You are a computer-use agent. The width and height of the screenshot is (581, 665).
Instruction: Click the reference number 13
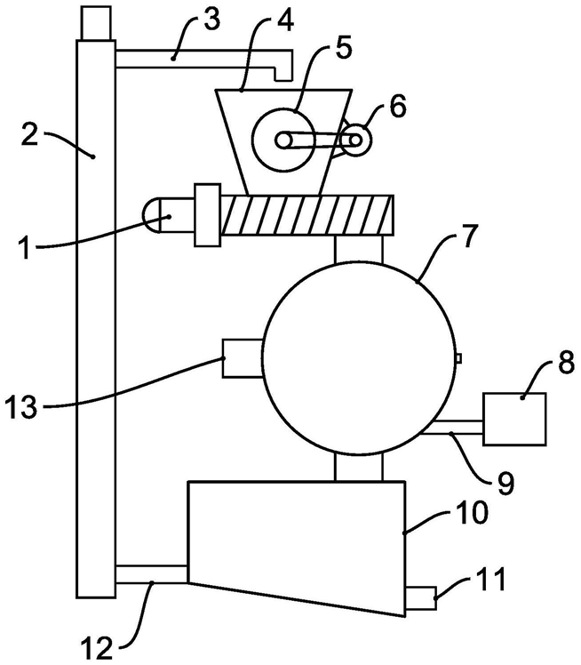(21, 406)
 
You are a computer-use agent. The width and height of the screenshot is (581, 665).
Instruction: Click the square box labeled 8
(514, 419)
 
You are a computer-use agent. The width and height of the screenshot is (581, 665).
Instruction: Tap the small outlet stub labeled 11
(421, 597)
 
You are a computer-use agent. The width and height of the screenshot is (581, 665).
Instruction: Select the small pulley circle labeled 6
(355, 140)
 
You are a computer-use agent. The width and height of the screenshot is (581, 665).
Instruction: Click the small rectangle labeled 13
(243, 358)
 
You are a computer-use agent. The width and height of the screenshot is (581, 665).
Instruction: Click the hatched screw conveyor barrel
(307, 215)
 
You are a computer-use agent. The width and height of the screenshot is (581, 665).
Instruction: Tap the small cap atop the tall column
(96, 22)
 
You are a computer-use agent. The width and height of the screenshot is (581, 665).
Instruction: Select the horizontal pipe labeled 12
(151, 573)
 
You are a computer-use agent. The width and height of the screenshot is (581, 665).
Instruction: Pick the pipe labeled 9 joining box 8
(453, 427)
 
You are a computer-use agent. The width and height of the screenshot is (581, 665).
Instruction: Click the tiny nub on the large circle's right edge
(458, 358)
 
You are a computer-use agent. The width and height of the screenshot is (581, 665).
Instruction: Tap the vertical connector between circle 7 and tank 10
(359, 467)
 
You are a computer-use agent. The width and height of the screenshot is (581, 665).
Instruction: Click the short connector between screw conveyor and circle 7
(359, 249)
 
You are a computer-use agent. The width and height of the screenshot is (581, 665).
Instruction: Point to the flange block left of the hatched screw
(207, 215)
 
